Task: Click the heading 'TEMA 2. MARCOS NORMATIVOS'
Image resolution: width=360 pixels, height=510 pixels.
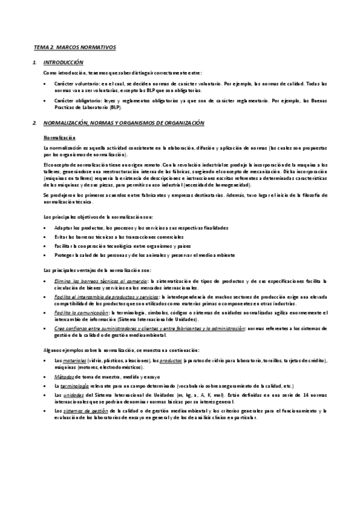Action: pos(75,47)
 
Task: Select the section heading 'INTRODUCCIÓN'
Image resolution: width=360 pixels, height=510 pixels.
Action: pos(64,63)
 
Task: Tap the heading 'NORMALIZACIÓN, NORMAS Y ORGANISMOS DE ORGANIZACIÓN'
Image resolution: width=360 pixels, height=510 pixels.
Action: pos(124,123)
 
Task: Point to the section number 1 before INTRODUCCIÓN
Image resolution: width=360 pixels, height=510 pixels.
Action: pos(35,63)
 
